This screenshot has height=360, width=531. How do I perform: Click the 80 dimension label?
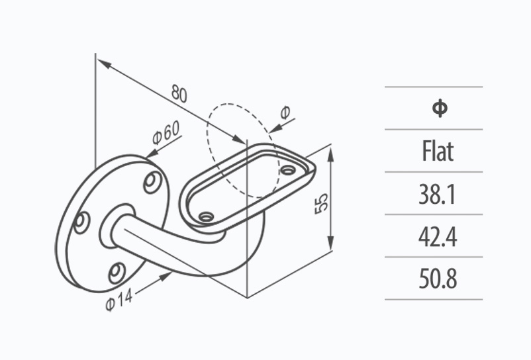pos(179,93)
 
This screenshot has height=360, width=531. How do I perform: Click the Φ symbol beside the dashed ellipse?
pos(284,113)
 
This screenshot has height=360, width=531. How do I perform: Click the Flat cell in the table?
pos(438,152)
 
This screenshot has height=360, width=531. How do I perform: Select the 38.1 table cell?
pos(438,195)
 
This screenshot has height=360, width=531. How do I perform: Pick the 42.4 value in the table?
pos(438,237)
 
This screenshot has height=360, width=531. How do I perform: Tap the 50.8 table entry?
pos(438,279)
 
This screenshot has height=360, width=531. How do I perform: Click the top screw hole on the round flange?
pos(152,181)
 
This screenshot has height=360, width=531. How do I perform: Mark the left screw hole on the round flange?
pos(81,222)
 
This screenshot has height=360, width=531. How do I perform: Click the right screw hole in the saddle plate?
pos(287,170)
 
